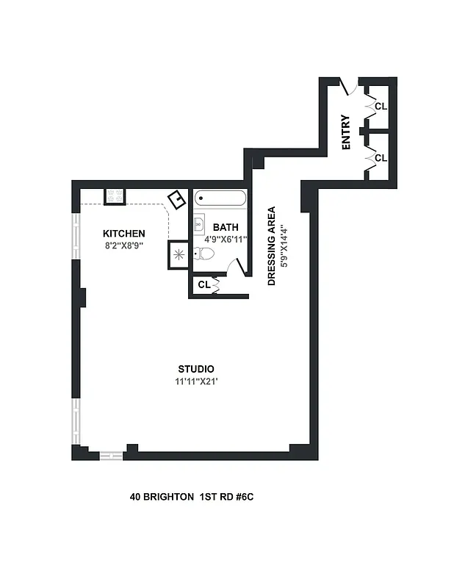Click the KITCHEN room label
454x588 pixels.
tap(123, 234)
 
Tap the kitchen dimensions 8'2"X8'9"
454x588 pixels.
tap(123, 245)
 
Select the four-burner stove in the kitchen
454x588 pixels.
tap(115, 196)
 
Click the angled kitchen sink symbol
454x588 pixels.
tap(177, 200)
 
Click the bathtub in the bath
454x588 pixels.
tap(220, 198)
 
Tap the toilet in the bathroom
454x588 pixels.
tap(205, 254)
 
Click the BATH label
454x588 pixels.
tap(225, 227)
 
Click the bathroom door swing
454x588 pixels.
tap(234, 267)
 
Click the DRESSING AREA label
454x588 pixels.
tap(271, 245)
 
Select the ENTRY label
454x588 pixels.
tap(347, 133)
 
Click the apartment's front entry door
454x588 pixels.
tap(348, 87)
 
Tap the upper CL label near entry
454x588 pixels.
tap(381, 107)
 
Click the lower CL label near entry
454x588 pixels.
tap(381, 158)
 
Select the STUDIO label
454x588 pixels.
tap(196, 369)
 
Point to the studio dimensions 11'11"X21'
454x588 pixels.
tap(195, 381)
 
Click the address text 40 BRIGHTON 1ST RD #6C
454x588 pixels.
tap(192, 498)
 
